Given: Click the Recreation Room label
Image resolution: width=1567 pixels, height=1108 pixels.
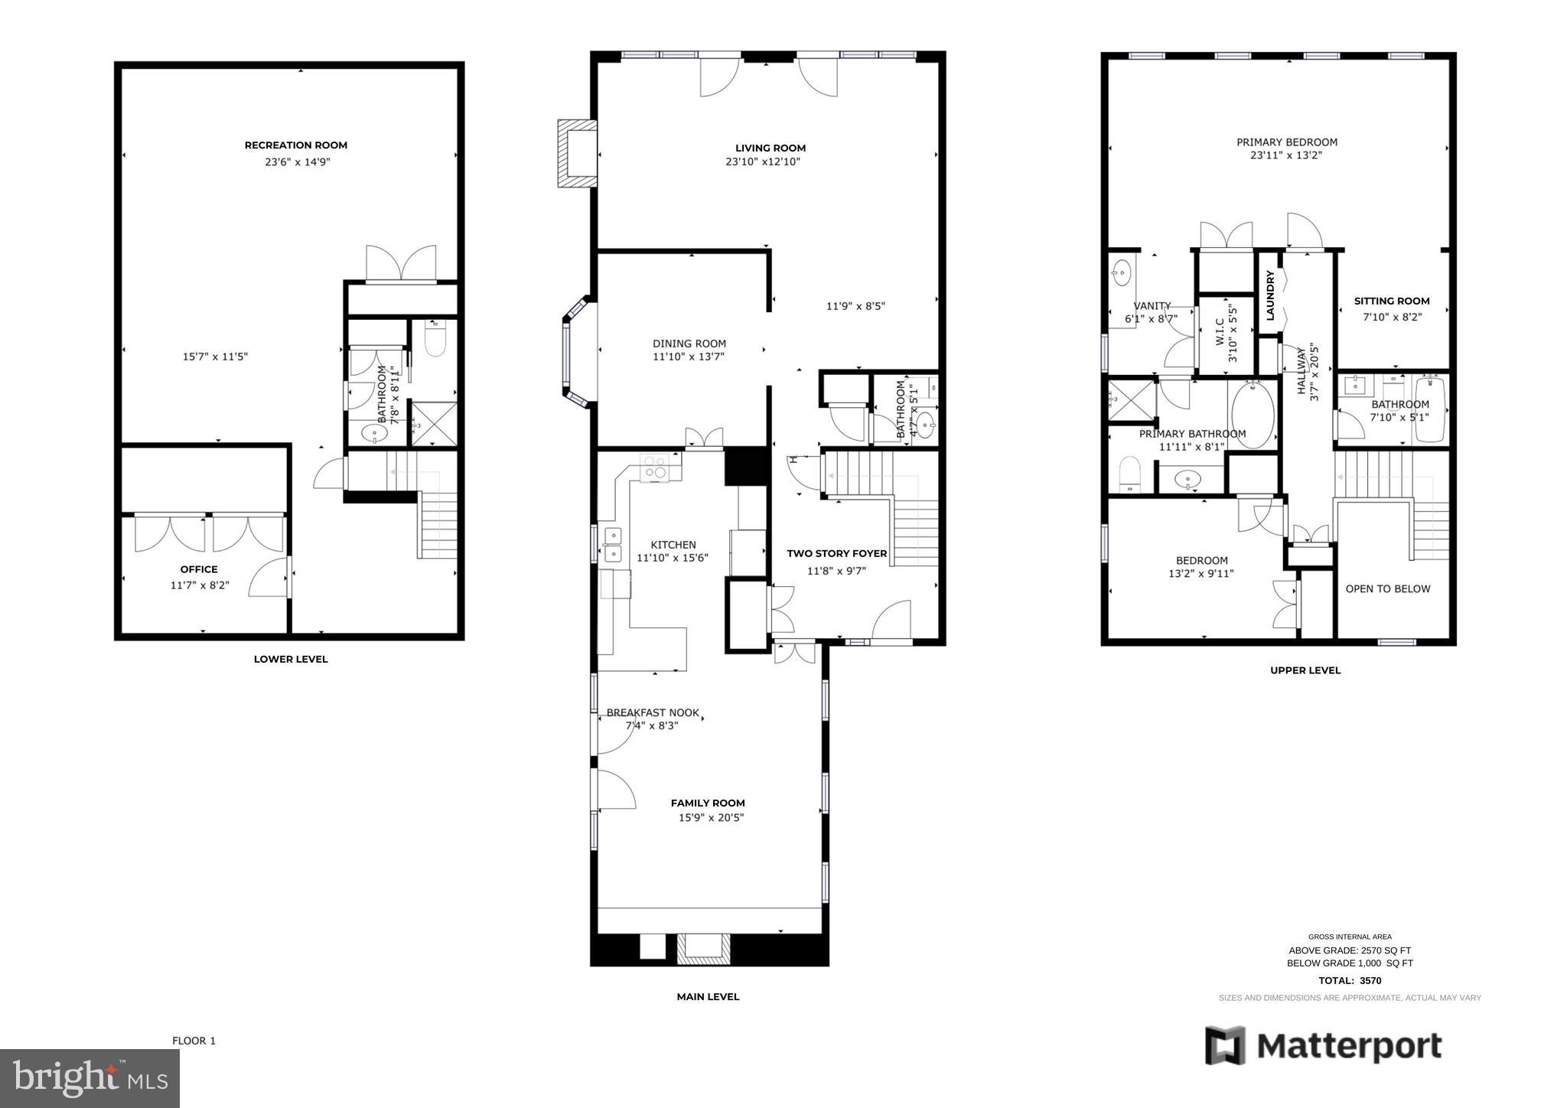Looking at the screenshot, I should coord(295,145).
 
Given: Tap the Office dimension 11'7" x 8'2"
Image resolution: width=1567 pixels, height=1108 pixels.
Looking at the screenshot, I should coord(200,585).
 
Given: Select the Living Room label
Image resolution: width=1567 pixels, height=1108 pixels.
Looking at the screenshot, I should coord(770,148).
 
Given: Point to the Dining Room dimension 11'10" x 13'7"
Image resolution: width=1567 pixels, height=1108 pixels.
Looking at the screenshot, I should coord(688,357).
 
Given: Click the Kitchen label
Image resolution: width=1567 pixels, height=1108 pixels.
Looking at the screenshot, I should coord(673,545).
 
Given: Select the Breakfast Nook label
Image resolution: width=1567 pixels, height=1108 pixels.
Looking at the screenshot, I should coord(652,712).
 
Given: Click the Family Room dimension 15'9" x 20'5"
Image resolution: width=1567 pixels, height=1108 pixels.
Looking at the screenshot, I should coord(711,817).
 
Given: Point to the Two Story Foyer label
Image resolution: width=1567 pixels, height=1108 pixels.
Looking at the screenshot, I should coord(836,553).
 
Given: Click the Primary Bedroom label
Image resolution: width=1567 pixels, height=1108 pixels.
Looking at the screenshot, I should coord(1286,142).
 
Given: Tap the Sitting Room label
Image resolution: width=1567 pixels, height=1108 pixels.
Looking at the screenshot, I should coord(1391,301).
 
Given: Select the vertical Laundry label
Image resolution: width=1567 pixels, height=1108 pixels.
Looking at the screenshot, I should coord(1269,295).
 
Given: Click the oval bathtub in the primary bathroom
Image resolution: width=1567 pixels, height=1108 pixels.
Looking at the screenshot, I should coord(1253,414).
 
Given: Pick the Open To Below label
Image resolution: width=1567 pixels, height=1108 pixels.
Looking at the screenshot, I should coord(1387,588).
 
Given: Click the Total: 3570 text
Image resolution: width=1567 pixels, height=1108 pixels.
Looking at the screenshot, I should coord(1349,980).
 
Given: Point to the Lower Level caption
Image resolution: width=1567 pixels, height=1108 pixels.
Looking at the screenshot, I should coord(290,659).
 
